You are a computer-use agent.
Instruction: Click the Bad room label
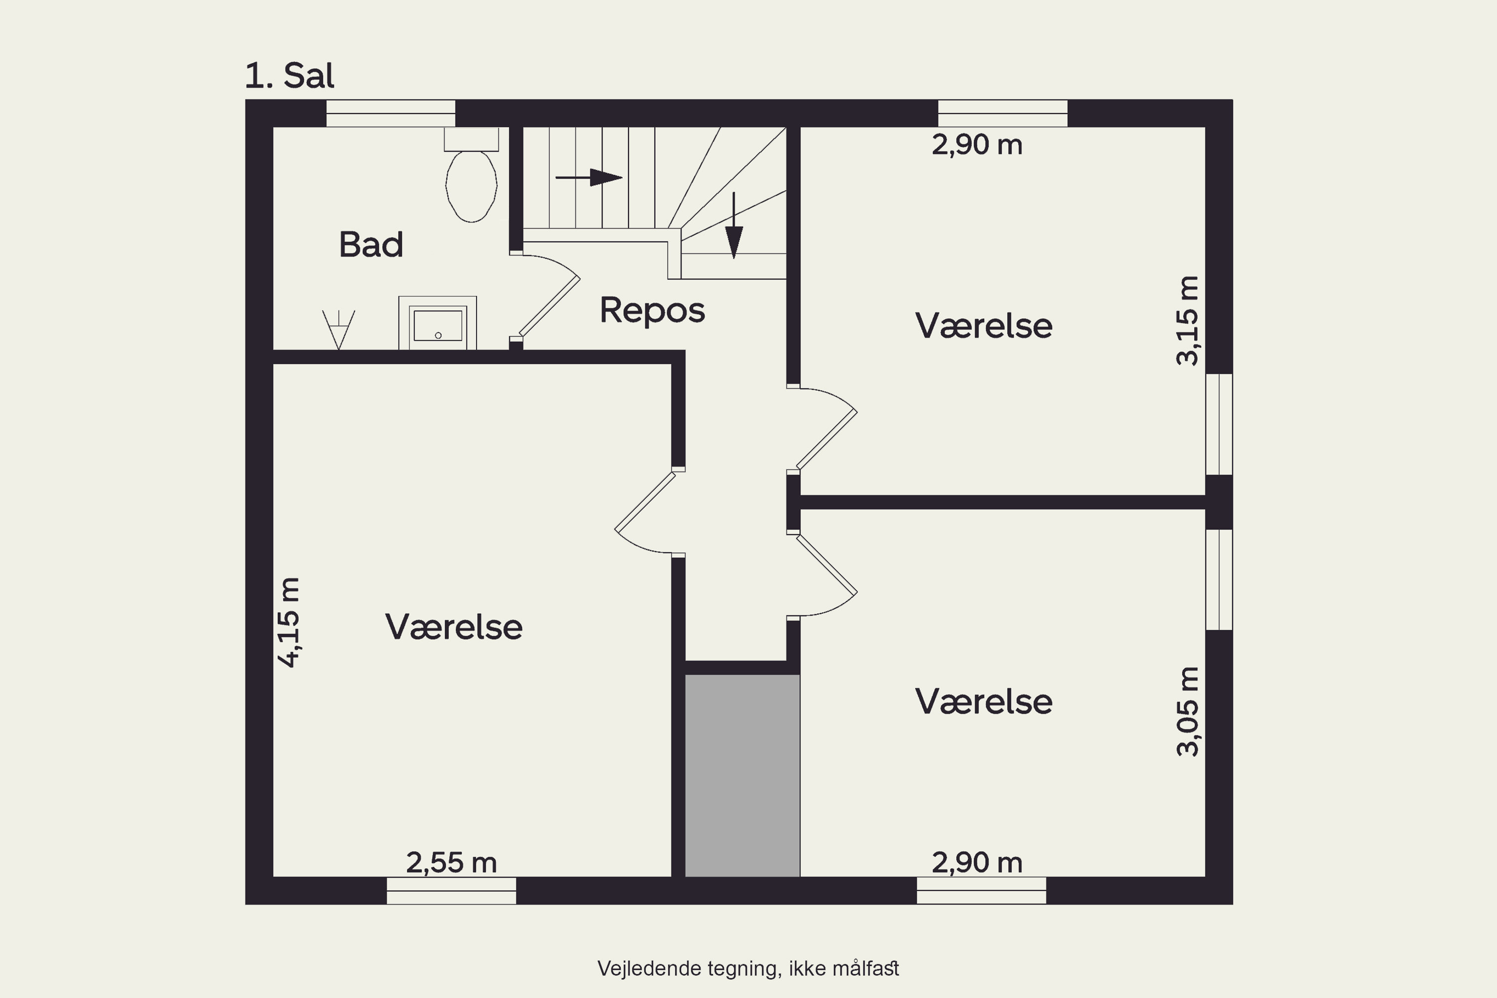[371, 245]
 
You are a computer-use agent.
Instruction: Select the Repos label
[652, 310]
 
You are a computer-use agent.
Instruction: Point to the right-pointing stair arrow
[589, 178]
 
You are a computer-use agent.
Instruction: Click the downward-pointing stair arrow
[734, 226]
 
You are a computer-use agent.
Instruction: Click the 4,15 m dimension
[288, 622]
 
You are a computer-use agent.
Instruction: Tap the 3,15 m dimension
[1187, 320]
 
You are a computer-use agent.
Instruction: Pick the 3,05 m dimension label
[1187, 711]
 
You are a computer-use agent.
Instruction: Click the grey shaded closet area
[742, 775]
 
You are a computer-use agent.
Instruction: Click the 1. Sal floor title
[289, 76]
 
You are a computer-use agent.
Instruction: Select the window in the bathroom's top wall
[391, 113]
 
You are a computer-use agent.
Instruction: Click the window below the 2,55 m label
[451, 890]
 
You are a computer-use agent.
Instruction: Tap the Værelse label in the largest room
[454, 627]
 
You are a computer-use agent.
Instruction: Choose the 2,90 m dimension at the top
[977, 145]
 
